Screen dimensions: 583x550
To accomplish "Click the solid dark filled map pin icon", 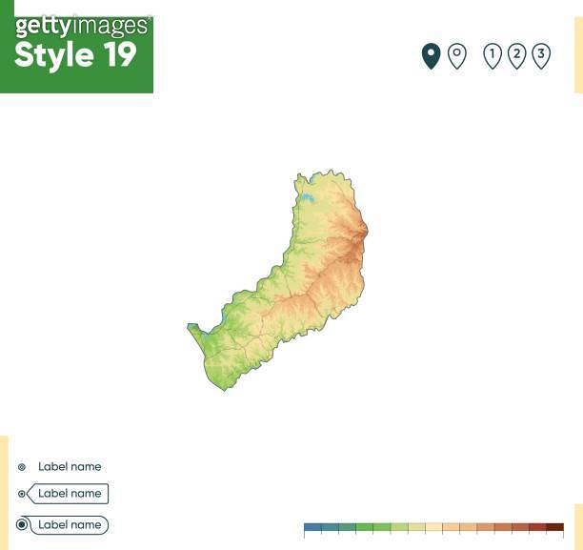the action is coord(431,55).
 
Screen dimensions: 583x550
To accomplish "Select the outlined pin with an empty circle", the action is coord(457,55).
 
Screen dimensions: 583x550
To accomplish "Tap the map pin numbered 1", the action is coord(493,55).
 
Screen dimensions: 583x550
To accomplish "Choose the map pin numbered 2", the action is coord(516,55).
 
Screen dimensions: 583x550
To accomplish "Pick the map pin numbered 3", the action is coord(541,55).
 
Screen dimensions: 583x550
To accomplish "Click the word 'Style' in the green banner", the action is coord(53,55).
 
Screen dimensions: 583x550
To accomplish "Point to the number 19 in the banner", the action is coord(119,55).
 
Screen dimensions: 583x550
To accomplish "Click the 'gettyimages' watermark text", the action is coord(82,26).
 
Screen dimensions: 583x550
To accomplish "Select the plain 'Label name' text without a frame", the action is coord(70,467).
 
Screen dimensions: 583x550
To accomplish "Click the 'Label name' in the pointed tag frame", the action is coord(70,494).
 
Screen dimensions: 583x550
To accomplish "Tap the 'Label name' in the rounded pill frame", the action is coord(70,525).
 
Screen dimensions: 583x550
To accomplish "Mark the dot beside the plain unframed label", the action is coord(22,467).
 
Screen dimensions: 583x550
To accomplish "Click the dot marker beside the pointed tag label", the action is coord(22,494).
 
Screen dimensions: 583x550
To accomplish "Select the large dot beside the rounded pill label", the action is coord(22,525).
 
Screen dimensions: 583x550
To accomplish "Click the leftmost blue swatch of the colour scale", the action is coord(312,527).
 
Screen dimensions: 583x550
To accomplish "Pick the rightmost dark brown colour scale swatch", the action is coord(554,527).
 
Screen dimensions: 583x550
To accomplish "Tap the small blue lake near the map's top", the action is coord(309,198).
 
